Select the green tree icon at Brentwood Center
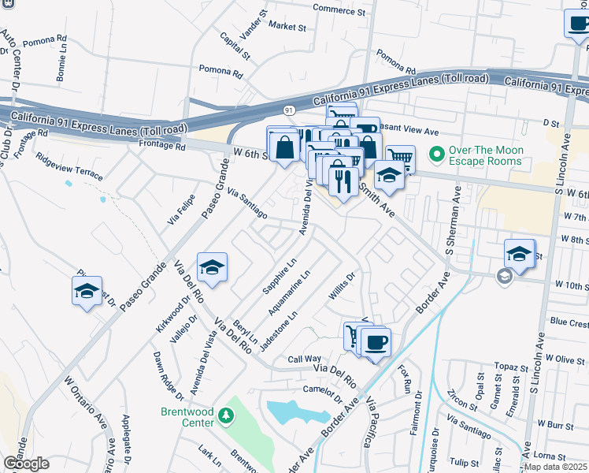click(x=227, y=415)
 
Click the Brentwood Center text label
click(x=187, y=417)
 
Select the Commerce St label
click(x=339, y=10)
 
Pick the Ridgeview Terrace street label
click(x=69, y=164)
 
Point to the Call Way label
click(x=304, y=359)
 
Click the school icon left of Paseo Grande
click(x=87, y=291)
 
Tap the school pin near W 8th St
click(x=519, y=254)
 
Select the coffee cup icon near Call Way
click(x=376, y=342)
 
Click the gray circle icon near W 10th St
click(x=504, y=276)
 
